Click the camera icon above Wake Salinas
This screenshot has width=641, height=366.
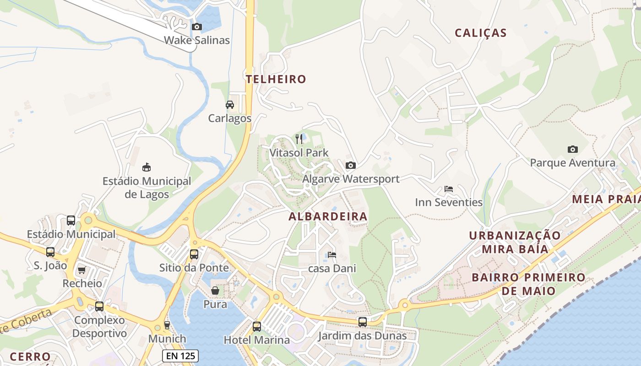(x=197, y=27)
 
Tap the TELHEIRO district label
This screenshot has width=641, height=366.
(x=276, y=79)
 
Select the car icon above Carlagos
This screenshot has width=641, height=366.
(x=230, y=105)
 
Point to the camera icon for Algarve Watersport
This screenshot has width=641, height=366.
(x=351, y=166)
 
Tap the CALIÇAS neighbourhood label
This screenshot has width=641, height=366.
(x=480, y=33)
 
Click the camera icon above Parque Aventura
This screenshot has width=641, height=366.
(x=572, y=150)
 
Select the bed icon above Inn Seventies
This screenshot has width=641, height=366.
(x=449, y=189)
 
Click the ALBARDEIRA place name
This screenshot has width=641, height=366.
(x=328, y=217)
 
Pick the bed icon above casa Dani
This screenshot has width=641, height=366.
(x=332, y=255)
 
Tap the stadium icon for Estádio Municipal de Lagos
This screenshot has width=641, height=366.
(x=147, y=167)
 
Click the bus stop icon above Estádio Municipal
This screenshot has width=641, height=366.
(x=71, y=221)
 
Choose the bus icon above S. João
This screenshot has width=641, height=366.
(x=50, y=252)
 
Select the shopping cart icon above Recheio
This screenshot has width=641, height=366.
(x=82, y=270)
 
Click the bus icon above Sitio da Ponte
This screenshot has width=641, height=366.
(x=194, y=254)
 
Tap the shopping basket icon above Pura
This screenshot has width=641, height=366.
(x=215, y=291)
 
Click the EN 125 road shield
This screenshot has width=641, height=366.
(x=180, y=355)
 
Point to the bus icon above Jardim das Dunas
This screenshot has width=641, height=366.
(x=363, y=322)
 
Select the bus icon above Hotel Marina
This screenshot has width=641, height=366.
(x=257, y=327)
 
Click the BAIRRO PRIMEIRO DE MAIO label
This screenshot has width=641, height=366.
(x=528, y=284)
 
